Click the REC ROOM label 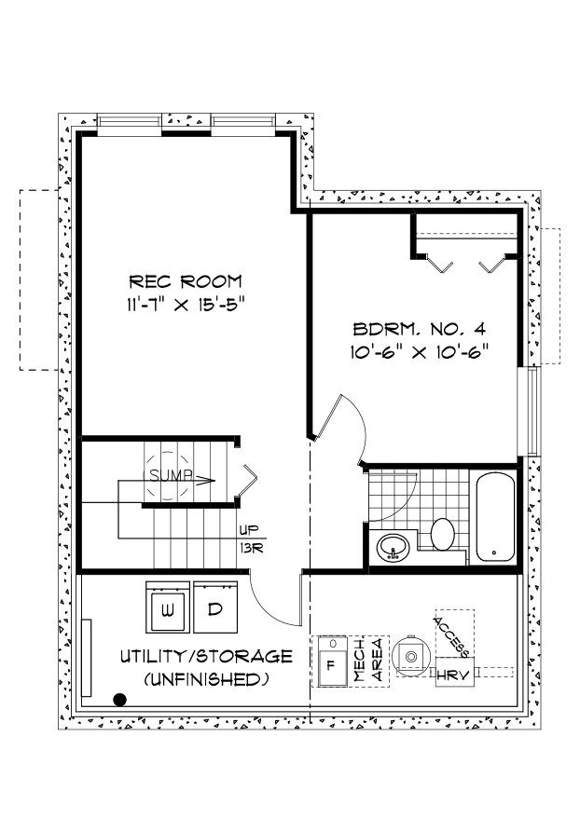[x=186, y=280]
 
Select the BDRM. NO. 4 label [x=421, y=329]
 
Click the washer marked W [x=168, y=610]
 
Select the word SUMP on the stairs [x=169, y=476]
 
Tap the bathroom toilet [x=442, y=535]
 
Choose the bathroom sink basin [x=395, y=547]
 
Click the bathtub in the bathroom [x=494, y=517]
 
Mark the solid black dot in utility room [x=119, y=700]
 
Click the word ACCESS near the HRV [x=451, y=634]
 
